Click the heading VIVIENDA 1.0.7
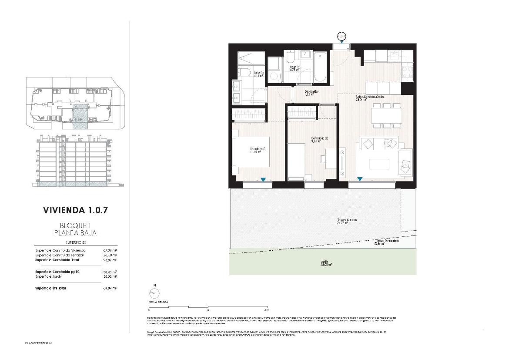pos(75,210)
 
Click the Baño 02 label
pos(296,68)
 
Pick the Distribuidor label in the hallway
pos(311,93)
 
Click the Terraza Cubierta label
pos(347,222)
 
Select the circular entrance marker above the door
pos(341,37)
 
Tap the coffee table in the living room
pos(379,164)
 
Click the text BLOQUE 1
pos(75,225)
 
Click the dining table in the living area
pos(386,115)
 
